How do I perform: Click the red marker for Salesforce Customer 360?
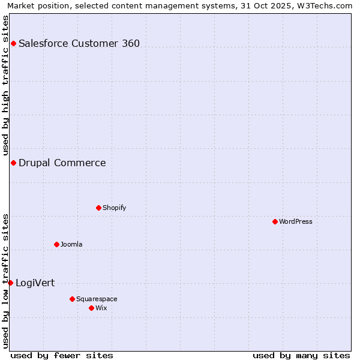click(13, 43)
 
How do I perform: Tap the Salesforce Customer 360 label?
click(79, 43)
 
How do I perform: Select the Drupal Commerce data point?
click(13, 163)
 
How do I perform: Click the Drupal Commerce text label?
click(62, 163)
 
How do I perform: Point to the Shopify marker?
click(98, 208)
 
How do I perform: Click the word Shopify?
click(114, 208)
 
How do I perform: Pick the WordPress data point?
click(275, 221)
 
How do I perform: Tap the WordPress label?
click(295, 221)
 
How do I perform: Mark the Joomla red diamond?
click(56, 244)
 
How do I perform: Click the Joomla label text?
click(71, 244)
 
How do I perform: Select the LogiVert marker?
click(10, 283)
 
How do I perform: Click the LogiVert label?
click(35, 283)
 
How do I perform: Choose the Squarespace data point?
click(72, 299)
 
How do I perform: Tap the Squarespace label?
click(97, 299)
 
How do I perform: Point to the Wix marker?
click(91, 308)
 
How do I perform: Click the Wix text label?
click(101, 308)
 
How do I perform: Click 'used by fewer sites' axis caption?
click(62, 355)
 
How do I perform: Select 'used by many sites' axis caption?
click(301, 355)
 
